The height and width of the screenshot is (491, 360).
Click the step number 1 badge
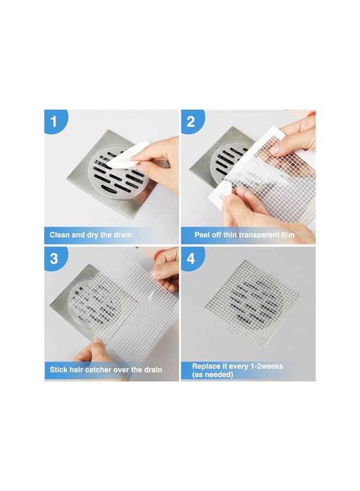[53, 121]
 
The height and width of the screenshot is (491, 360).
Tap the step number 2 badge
[190, 121]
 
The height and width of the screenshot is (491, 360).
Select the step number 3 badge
[53, 258]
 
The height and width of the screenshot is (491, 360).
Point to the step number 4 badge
[190, 258]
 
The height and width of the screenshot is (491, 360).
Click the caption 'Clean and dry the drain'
[91, 235]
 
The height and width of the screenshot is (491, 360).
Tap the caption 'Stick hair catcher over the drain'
[106, 370]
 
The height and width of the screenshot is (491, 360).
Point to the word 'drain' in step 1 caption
[121, 235]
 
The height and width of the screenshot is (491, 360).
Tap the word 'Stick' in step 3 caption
[59, 370]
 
